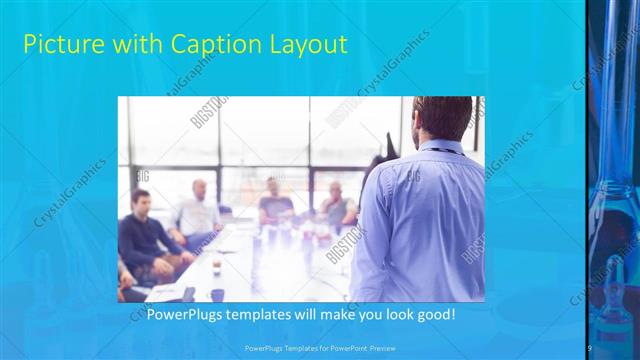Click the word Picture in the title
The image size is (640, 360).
[60, 44]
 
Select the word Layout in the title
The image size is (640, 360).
[307, 44]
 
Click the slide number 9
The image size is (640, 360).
[590, 346]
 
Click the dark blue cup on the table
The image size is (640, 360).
[217, 294]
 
